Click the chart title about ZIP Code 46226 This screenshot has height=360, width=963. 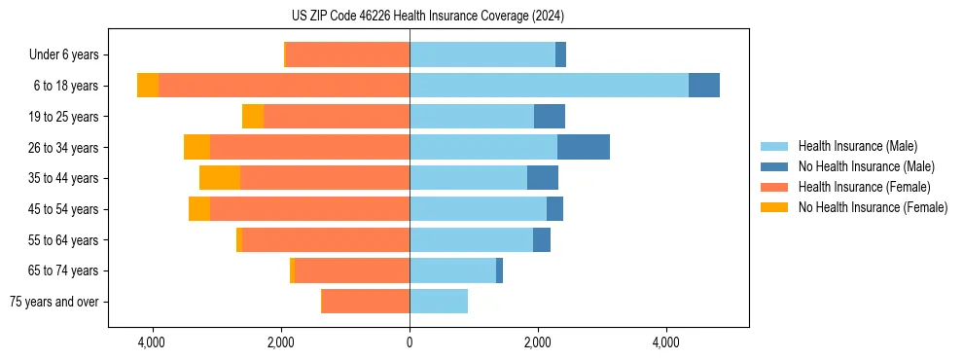click(x=427, y=16)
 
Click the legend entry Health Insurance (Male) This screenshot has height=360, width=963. click(x=857, y=146)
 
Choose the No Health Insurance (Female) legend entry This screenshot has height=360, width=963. click(x=873, y=207)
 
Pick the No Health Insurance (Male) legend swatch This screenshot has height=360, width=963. click(x=775, y=166)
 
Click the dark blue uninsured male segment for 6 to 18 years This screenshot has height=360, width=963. click(x=704, y=86)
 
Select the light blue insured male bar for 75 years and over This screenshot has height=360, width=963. click(x=439, y=302)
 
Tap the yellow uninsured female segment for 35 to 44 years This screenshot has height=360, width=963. click(x=220, y=178)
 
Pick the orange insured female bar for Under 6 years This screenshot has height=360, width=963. click(x=347, y=55)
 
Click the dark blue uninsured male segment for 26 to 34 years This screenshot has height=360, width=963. click(x=584, y=148)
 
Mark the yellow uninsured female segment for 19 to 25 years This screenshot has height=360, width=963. click(x=253, y=117)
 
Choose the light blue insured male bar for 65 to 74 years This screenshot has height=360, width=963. click(x=452, y=270)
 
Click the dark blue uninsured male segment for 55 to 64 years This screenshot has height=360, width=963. click(x=542, y=240)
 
